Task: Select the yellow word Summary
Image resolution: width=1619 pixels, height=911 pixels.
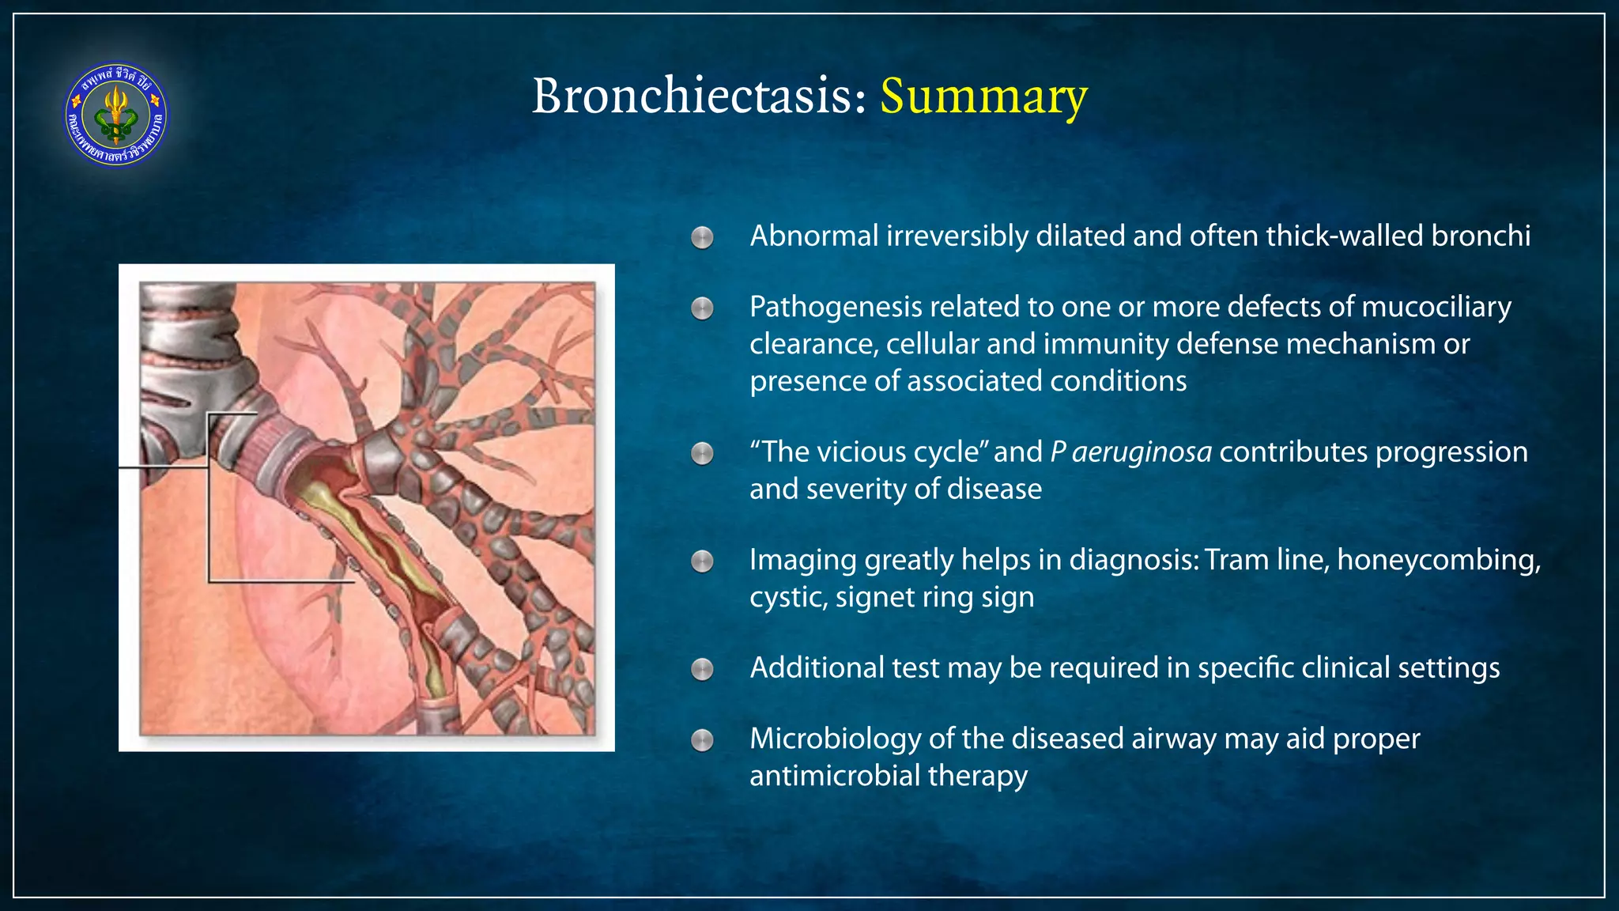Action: tap(983, 96)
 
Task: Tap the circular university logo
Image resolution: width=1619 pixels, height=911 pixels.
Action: tap(116, 115)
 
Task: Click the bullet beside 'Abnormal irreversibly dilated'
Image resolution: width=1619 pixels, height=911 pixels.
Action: tap(702, 237)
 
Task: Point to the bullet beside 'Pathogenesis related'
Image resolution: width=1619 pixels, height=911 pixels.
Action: tap(702, 308)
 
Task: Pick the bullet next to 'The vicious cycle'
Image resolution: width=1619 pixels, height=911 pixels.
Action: tap(702, 454)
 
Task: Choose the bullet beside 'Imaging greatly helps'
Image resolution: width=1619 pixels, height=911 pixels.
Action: tap(702, 561)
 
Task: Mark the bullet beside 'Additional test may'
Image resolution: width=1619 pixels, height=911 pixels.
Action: tap(702, 670)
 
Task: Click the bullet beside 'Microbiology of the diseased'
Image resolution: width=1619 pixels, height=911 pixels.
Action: tap(702, 740)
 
